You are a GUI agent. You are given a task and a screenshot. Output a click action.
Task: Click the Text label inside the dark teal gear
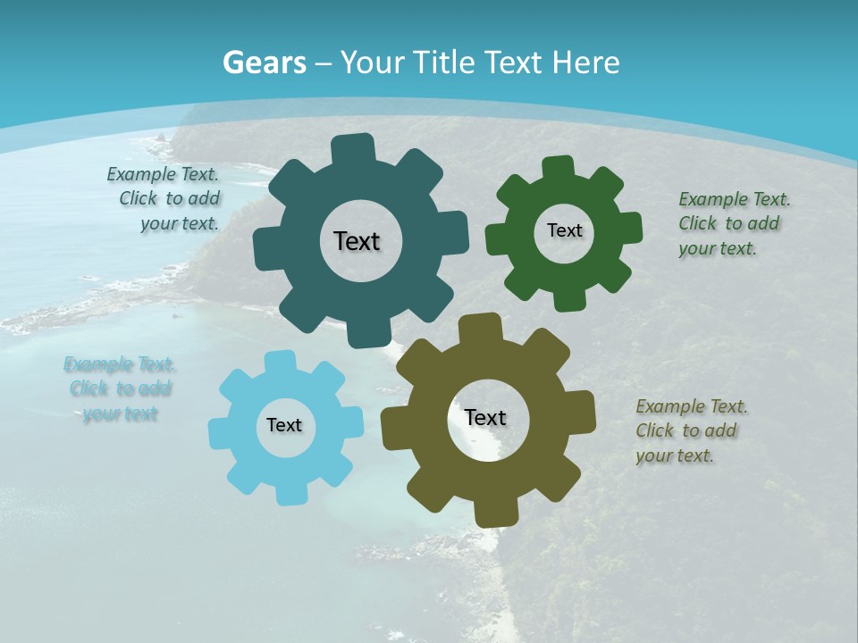(x=357, y=241)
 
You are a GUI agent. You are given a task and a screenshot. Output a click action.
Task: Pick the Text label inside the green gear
(x=564, y=230)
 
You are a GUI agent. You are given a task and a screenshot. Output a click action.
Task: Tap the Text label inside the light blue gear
(x=284, y=425)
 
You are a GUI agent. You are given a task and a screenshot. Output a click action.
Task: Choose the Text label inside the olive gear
(x=485, y=417)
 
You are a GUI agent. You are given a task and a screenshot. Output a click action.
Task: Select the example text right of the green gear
(x=730, y=224)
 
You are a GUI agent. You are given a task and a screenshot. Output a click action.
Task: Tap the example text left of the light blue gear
(x=120, y=388)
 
